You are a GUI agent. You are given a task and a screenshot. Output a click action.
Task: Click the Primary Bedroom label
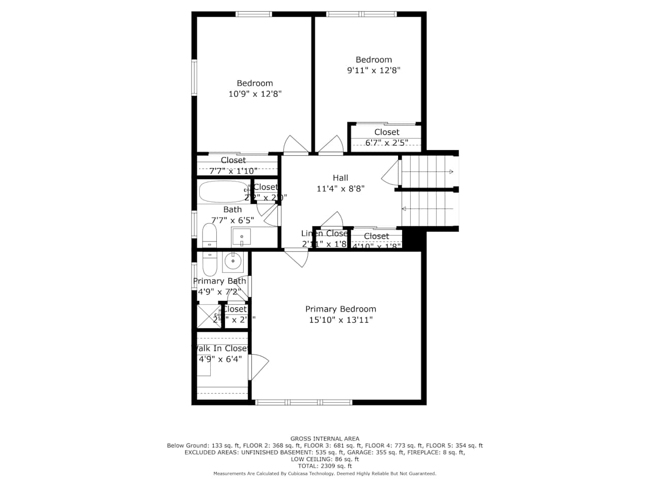coord(340,309)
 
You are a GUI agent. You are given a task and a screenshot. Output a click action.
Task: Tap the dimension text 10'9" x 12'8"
coord(255,94)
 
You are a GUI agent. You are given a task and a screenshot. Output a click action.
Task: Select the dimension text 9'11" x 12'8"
coord(373,71)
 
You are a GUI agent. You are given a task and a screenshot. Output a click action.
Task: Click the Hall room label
coord(340,178)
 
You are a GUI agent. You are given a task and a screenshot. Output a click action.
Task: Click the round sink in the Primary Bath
coord(233,261)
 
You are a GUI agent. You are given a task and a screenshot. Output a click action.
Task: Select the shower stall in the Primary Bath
coord(208,316)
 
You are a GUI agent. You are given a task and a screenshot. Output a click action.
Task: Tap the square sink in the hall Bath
coord(242,236)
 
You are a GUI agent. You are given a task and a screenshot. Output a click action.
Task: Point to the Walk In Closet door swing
coord(258,366)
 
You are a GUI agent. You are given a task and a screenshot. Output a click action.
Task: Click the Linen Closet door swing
coord(332,220)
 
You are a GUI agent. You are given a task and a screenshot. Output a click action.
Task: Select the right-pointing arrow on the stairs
coord(450,172)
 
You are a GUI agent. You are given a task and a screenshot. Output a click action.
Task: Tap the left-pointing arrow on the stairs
coord(404,208)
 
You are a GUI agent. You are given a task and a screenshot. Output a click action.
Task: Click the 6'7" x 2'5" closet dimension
coord(386,143)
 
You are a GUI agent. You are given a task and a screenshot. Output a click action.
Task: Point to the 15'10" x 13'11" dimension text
coord(340,320)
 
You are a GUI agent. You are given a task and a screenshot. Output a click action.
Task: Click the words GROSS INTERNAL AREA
coord(324,439)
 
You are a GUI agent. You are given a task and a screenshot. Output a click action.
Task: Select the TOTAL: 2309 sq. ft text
coord(324,466)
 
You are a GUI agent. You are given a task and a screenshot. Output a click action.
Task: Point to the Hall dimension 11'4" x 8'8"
coord(340,189)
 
